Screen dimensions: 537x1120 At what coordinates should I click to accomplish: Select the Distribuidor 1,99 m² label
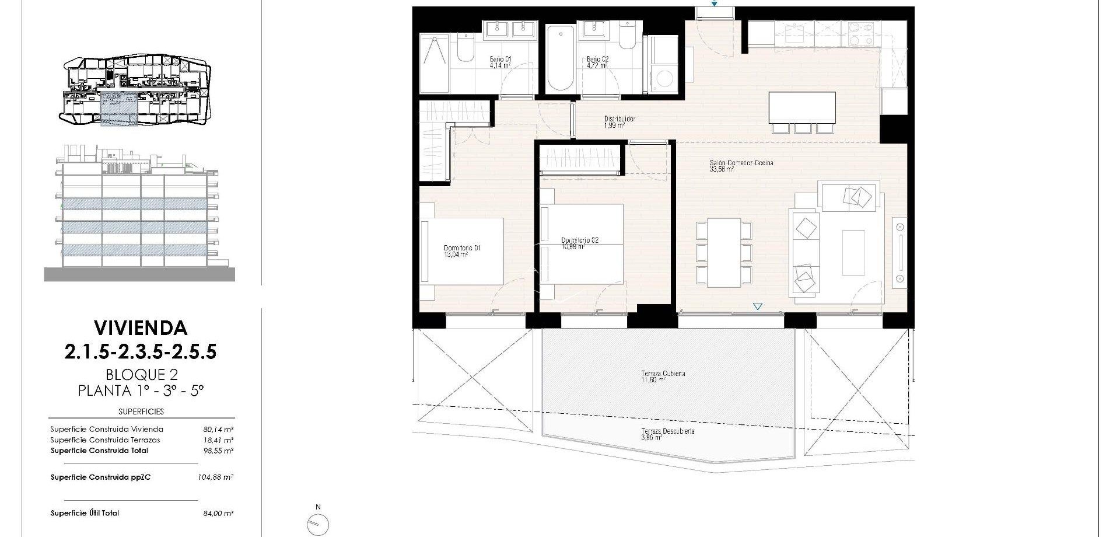point(619,121)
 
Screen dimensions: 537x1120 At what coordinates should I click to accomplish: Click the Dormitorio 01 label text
point(462,251)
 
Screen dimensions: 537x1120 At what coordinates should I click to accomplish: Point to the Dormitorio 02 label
point(579,243)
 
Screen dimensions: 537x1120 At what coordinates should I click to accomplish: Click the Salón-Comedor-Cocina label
point(741,166)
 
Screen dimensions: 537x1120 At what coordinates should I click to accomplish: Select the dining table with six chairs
point(723,253)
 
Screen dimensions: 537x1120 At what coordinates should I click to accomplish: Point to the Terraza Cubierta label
point(663,376)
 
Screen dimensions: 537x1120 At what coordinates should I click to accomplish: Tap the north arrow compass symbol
point(318,524)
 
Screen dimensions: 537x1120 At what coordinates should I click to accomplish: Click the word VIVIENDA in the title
point(141,328)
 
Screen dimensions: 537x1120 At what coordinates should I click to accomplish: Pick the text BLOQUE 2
point(141,374)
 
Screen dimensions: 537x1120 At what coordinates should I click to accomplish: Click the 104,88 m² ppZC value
point(215,477)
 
